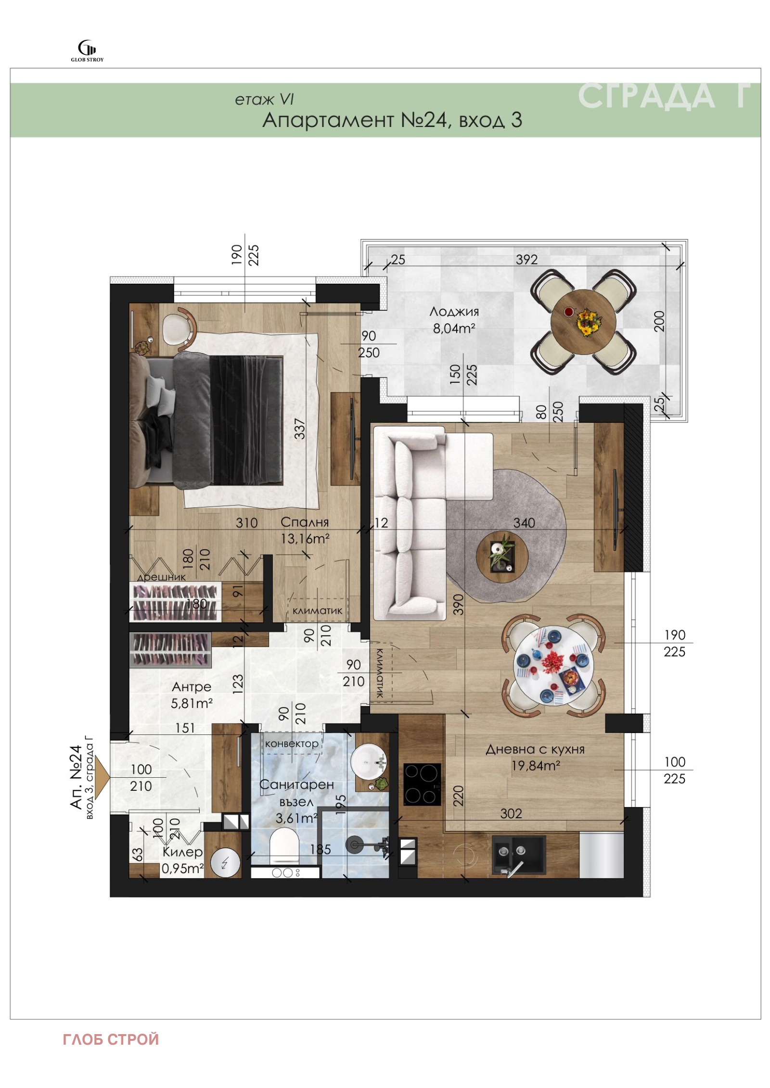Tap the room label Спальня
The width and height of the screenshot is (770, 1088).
pos(305,522)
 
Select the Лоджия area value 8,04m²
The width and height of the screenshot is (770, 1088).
pos(454,329)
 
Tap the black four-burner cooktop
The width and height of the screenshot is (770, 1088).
pos(422,784)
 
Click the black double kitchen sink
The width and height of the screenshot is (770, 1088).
pos(519,855)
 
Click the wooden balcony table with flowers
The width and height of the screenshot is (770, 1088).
pos(583,321)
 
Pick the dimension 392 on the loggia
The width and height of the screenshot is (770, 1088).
pos(526,260)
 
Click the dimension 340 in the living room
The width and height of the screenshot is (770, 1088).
pos(524,523)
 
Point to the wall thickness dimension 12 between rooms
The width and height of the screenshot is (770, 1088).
pos(381,523)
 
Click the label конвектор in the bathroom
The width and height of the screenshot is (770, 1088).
pos(292,744)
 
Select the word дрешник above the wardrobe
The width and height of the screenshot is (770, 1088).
pos(161,577)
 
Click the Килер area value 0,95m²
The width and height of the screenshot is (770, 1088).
pos(182,869)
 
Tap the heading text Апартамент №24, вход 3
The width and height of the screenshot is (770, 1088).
pos(392,120)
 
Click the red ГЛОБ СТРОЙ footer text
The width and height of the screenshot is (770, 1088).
pos(111,1039)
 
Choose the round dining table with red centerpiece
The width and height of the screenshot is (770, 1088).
pos(553,666)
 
